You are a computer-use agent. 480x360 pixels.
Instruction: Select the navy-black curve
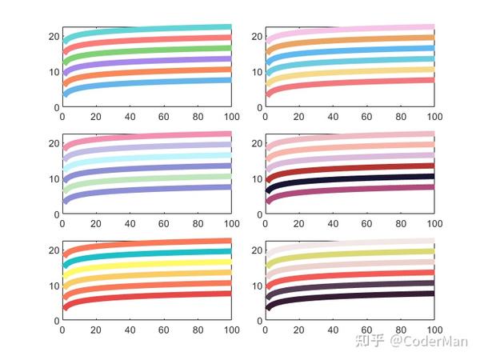(x=352, y=178)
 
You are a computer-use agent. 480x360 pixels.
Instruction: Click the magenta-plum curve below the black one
(x=352, y=189)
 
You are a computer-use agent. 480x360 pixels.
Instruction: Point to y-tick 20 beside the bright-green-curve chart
(x=54, y=36)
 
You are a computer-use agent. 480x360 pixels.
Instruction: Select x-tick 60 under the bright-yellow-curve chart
(x=163, y=329)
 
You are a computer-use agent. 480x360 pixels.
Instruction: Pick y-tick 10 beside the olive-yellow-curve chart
(x=257, y=286)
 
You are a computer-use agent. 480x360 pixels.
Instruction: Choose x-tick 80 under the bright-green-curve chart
(x=197, y=116)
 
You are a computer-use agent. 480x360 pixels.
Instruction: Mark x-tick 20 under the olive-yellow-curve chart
(x=298, y=329)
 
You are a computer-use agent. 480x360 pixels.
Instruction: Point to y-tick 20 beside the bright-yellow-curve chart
(x=54, y=250)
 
